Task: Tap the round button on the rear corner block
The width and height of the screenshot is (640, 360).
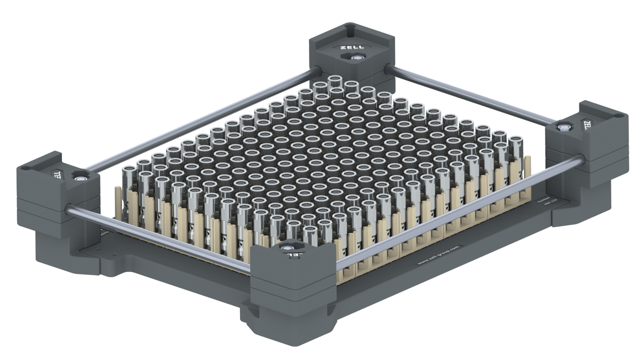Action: point(355,58)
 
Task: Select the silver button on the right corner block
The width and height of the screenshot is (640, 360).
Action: point(564,128)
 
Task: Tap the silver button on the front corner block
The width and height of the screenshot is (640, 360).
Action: point(287,248)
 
